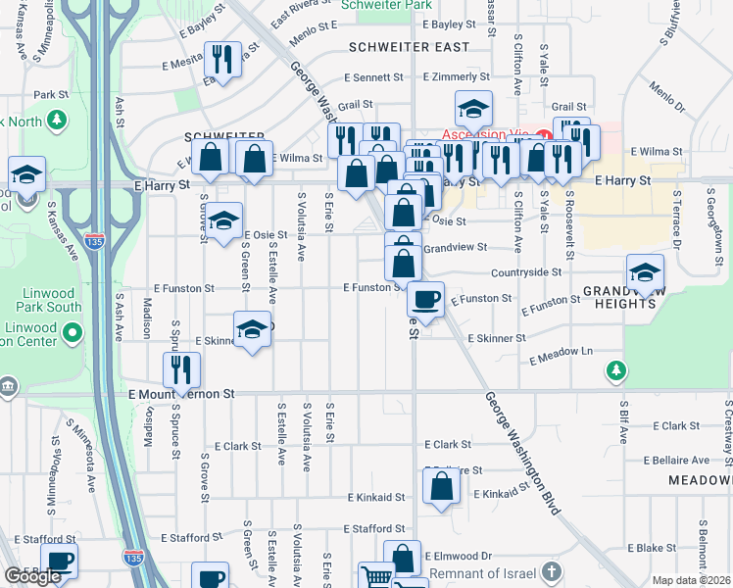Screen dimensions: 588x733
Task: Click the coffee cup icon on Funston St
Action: (425, 298)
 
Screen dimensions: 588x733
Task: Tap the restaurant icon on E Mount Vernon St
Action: (181, 368)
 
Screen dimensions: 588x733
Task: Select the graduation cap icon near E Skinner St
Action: (253, 328)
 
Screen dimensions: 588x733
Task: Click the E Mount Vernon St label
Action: (182, 393)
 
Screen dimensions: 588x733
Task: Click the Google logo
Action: (32, 576)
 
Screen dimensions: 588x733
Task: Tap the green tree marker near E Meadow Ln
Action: (616, 369)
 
